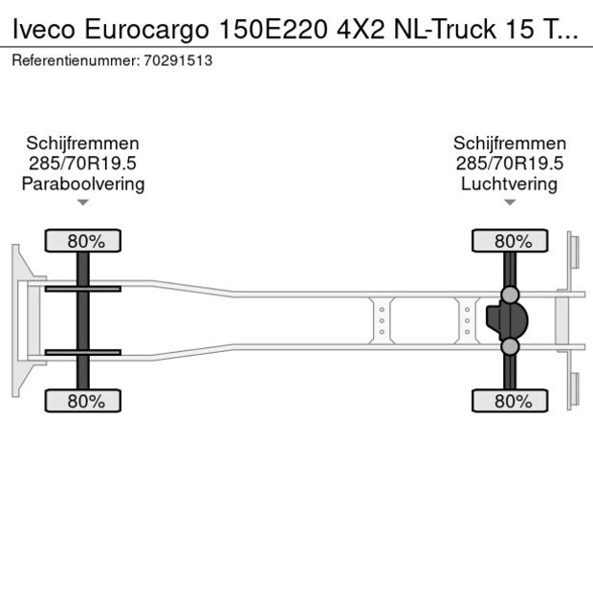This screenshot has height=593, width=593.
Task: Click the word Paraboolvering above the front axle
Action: pos(83,184)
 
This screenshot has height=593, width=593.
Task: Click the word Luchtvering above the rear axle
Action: pos(509,184)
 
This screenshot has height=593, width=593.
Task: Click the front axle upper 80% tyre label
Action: pos(85,241)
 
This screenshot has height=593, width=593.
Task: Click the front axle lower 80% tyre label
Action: pos(85,402)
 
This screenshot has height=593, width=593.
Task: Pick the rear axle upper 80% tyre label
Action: pos(512,241)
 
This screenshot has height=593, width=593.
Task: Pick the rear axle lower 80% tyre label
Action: pos(512,402)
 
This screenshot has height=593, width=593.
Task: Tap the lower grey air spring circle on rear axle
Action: pos(511,346)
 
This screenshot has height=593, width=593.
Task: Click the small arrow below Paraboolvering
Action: pos(83,202)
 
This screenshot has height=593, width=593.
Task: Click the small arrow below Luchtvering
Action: pos(509,202)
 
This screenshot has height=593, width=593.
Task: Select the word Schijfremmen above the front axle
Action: pos(83,143)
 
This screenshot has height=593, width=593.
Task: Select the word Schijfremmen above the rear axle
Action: pos(509,143)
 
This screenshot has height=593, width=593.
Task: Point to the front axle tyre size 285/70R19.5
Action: pos(83,164)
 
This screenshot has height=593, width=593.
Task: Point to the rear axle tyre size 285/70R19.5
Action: pos(509,164)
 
